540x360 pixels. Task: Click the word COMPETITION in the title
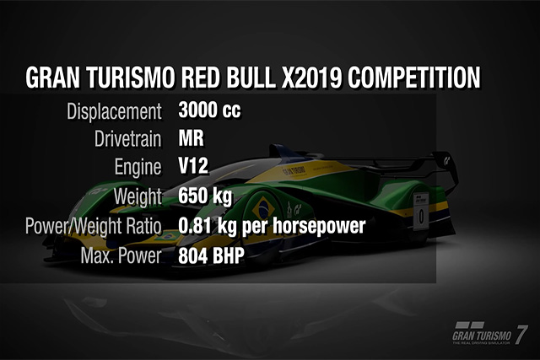(x=413, y=78)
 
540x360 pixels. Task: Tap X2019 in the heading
(x=311, y=78)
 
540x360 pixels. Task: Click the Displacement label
(x=115, y=111)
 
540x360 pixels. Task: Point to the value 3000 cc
(x=209, y=110)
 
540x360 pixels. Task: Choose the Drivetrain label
(x=127, y=139)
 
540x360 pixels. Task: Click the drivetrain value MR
(x=192, y=138)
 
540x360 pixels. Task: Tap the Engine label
(x=138, y=167)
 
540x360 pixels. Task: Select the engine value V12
(x=193, y=166)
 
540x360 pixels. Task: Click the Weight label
(x=138, y=196)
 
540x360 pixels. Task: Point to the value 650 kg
(x=205, y=196)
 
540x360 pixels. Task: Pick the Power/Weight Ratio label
(x=94, y=226)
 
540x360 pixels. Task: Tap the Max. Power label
(x=121, y=255)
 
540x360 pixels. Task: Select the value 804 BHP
(x=211, y=255)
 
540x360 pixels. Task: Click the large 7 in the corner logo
(x=521, y=334)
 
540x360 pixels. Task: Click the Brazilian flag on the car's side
(x=263, y=207)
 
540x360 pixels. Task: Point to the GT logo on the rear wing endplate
(x=447, y=160)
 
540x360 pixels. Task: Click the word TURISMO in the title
(x=131, y=78)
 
